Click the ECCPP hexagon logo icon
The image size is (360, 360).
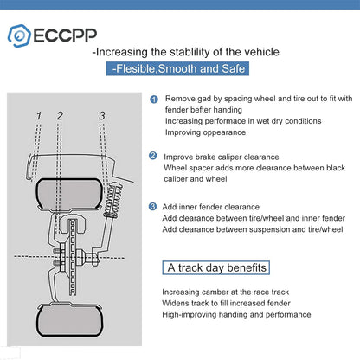[20, 35]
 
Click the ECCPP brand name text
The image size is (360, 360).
[60, 35]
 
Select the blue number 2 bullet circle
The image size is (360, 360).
[153, 156]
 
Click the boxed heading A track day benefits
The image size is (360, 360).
[217, 267]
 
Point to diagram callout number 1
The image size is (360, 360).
[39, 115]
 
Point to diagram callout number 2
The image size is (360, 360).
[60, 115]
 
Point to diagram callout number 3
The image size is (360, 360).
[102, 115]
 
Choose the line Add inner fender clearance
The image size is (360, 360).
[211, 208]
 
